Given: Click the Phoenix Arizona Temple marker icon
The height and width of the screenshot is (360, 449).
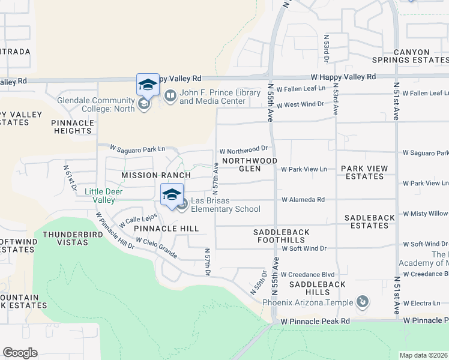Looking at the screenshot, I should click(x=362, y=301).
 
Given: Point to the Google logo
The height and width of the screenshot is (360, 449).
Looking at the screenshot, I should click(x=20, y=353).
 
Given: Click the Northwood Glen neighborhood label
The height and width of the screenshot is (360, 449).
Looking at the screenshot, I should click(x=249, y=165).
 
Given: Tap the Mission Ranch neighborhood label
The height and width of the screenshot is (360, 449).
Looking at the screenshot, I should click(x=155, y=175).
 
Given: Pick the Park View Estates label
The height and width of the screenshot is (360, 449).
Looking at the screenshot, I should click(x=364, y=173).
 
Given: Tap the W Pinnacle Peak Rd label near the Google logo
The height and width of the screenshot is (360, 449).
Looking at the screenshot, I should click(x=315, y=322).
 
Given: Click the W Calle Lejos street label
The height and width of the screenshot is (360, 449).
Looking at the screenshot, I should click(x=138, y=220).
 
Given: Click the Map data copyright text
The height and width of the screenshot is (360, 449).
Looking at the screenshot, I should click(x=424, y=355).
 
